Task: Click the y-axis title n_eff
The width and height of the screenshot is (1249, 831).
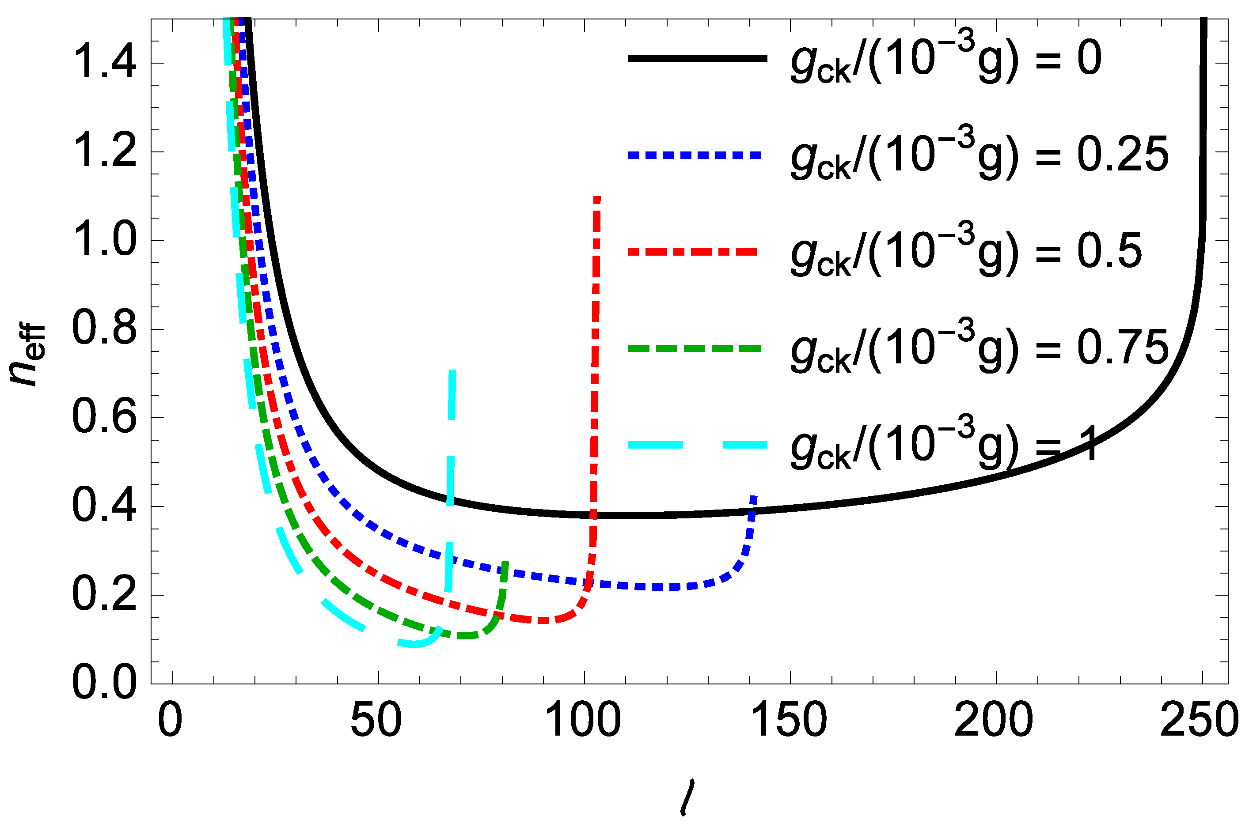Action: click(27, 354)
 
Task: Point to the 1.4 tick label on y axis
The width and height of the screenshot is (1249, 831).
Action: click(104, 63)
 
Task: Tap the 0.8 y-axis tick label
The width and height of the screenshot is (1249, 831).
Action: click(104, 329)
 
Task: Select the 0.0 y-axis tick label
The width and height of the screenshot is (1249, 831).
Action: click(104, 683)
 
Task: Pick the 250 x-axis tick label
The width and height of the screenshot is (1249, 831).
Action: click(1200, 720)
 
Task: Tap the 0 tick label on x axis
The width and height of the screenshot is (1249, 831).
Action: click(170, 720)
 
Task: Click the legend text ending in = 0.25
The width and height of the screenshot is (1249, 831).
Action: click(979, 154)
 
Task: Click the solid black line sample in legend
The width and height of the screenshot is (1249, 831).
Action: click(697, 58)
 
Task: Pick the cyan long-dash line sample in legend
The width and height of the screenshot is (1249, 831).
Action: click(697, 445)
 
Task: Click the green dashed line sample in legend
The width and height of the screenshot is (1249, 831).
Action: click(695, 348)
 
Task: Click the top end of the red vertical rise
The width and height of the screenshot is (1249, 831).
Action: click(597, 199)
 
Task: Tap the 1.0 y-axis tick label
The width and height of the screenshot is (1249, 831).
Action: click(104, 240)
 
